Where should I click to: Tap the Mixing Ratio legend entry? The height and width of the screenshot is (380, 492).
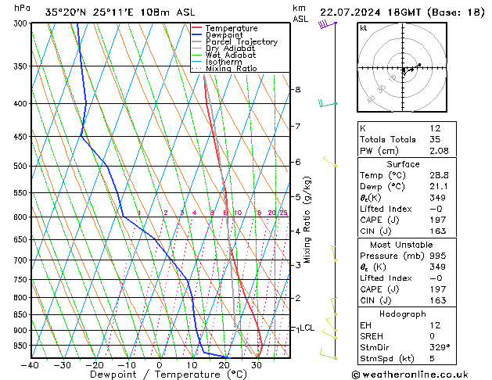pyautogui.click(x=231, y=69)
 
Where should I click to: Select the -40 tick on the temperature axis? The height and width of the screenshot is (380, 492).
pyautogui.click(x=31, y=365)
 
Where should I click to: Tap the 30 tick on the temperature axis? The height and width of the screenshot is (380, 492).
pyautogui.click(x=256, y=365)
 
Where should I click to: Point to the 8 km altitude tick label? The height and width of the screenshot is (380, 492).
pyautogui.click(x=297, y=90)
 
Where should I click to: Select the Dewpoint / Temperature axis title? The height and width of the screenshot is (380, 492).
pyautogui.click(x=160, y=375)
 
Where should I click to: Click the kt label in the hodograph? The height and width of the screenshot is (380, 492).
pyautogui.click(x=364, y=27)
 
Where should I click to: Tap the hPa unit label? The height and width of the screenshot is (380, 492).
pyautogui.click(x=23, y=8)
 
